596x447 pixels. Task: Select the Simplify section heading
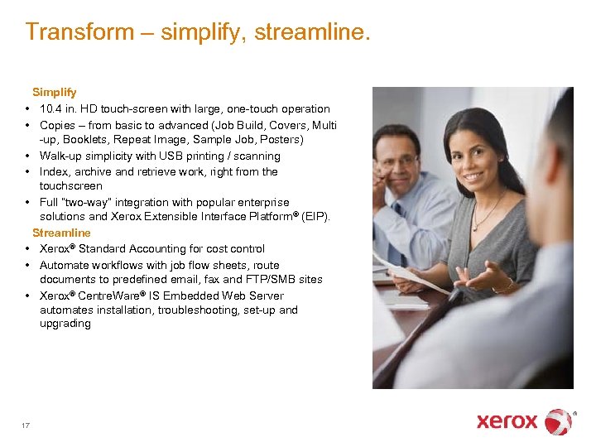coord(55,93)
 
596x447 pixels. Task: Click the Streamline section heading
coord(61,233)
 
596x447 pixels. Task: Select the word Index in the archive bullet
coord(53,171)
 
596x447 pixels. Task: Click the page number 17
coord(26,425)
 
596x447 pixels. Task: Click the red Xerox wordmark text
coord(507,421)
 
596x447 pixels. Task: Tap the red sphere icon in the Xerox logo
coord(558,421)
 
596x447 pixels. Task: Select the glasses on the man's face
coord(398,162)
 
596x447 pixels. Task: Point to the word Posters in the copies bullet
coord(279,139)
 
